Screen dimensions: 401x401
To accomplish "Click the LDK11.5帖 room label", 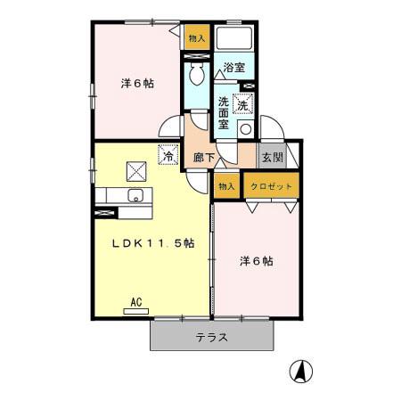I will point(152,246).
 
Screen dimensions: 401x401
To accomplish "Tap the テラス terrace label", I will point(211,338).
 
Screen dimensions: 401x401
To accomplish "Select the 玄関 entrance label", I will point(271,158).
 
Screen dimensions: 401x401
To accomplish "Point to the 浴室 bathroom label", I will point(233,68).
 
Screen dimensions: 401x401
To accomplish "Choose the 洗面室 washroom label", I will point(225,113).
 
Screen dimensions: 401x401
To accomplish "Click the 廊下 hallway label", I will point(204,157).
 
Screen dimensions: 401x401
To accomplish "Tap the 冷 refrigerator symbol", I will point(167,155).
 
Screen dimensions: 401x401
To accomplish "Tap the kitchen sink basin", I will point(136,195).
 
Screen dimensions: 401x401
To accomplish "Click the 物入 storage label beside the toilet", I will point(197,38).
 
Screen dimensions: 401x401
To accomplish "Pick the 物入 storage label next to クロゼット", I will point(226,185).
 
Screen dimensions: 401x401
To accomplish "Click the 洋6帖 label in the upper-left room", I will point(138,84).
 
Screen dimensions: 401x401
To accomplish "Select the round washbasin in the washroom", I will point(244,127).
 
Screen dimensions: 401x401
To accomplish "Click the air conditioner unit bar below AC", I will point(136,311).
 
